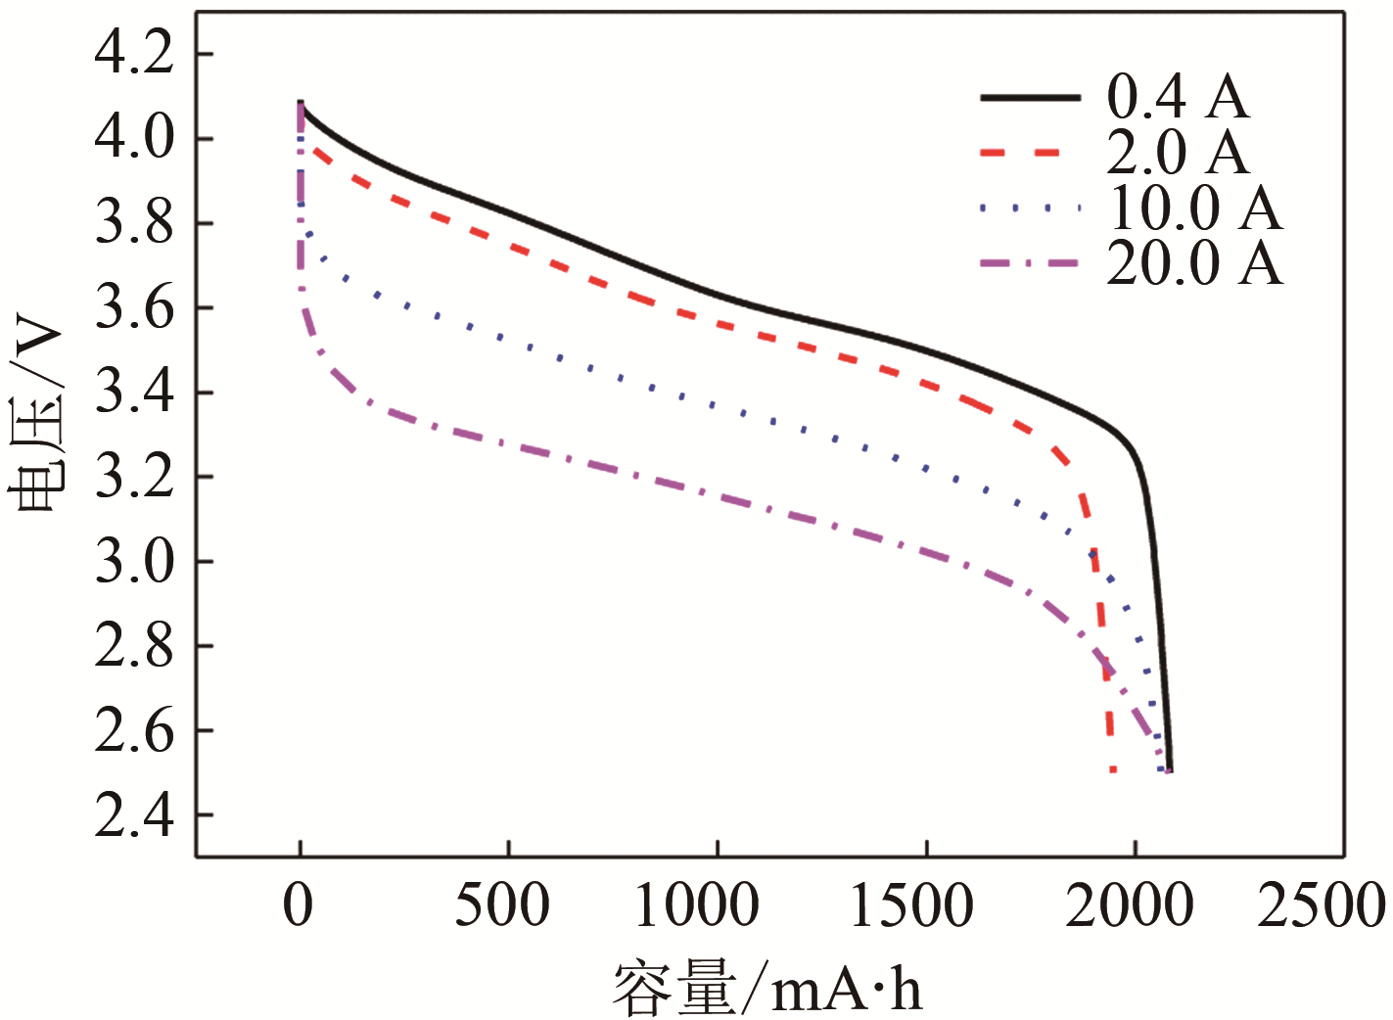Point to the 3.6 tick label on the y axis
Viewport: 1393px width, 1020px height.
coord(134,307)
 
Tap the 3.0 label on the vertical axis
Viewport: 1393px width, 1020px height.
coord(134,562)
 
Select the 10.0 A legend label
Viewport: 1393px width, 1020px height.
coord(1194,208)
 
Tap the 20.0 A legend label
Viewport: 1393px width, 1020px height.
coord(1194,263)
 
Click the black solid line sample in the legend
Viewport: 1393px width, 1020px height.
coord(1030,98)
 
